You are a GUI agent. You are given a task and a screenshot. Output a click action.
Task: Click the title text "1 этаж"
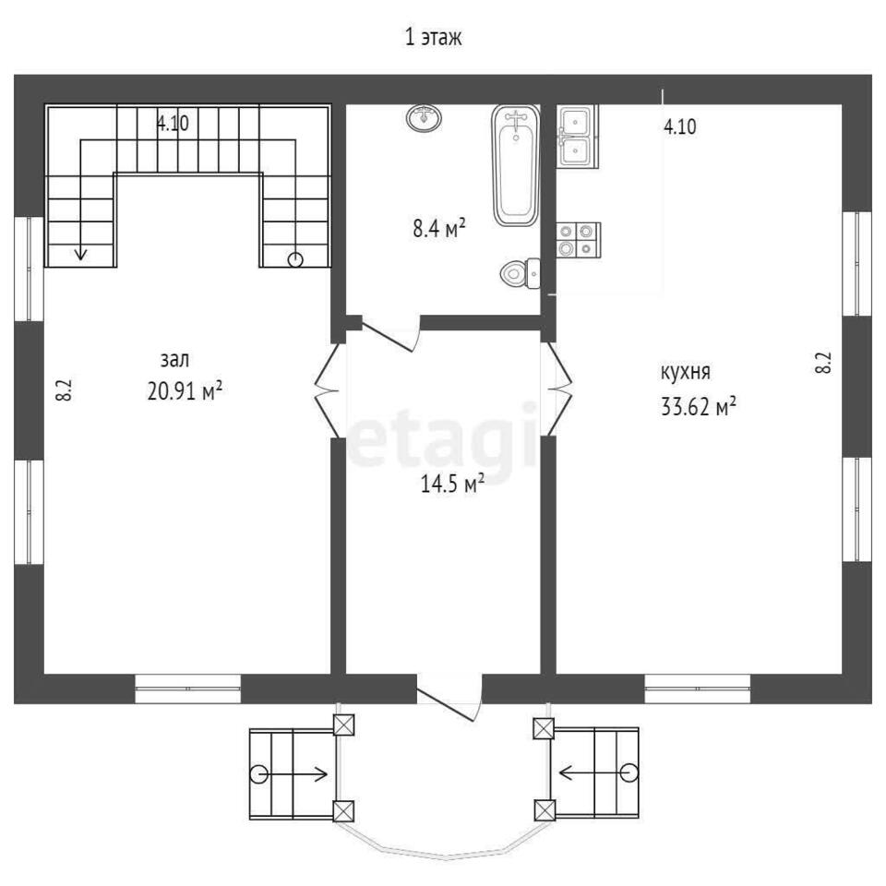click(434, 37)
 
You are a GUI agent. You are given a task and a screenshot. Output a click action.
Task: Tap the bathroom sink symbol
click(424, 117)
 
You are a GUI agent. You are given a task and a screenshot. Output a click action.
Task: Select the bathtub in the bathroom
click(515, 165)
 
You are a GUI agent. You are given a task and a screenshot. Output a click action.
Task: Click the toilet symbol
click(521, 273)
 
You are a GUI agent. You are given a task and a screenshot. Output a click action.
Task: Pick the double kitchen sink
click(578, 137)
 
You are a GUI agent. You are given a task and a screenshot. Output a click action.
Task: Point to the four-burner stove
click(579, 240)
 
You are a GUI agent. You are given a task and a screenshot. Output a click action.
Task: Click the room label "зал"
click(175, 360)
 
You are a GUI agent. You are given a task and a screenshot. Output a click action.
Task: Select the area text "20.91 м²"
click(185, 390)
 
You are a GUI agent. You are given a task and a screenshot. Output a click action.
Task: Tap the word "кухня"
click(686, 373)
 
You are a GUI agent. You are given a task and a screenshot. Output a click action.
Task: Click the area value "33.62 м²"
click(699, 406)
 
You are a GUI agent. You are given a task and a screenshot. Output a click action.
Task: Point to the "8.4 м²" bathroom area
click(439, 229)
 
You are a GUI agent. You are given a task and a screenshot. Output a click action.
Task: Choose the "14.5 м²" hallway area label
click(452, 483)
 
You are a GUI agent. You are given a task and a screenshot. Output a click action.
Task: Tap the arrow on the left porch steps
click(293, 773)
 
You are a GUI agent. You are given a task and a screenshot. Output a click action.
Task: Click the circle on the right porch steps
click(628, 772)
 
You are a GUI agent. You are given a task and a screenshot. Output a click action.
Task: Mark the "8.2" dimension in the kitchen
click(823, 362)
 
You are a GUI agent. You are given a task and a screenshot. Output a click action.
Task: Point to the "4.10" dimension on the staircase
click(173, 123)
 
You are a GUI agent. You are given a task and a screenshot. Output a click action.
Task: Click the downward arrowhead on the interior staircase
click(81, 255)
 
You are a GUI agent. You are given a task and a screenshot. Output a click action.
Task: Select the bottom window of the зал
click(187, 688)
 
